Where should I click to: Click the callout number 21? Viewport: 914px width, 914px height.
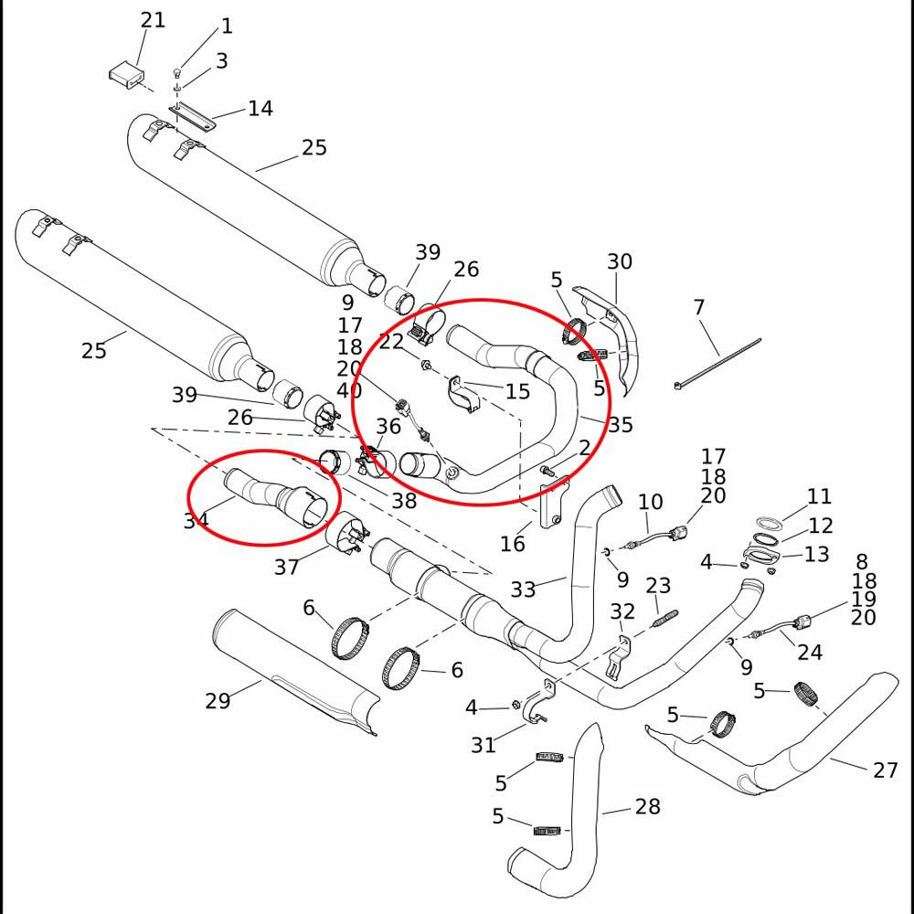coord(153,19)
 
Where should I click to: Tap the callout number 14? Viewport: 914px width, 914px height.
coord(260,109)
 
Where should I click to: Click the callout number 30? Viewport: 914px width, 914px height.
coord(620,262)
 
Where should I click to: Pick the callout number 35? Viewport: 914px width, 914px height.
coord(621,424)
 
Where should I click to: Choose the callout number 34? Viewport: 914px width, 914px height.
coord(196,520)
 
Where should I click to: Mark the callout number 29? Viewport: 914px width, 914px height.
coord(218,701)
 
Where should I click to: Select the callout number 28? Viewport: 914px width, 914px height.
coord(647,807)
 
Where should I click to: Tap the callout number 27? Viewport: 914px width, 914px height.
coord(885,771)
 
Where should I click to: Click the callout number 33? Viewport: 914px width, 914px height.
coord(523,590)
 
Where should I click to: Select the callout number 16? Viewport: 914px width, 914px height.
coord(513,544)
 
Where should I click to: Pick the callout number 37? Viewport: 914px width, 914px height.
coord(286,568)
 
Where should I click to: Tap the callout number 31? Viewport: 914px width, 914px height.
coord(484,745)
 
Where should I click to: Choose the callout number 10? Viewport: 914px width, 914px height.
coord(650,501)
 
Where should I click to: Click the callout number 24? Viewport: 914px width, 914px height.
coord(810,652)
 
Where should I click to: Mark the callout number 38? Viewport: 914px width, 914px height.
coord(404,500)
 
